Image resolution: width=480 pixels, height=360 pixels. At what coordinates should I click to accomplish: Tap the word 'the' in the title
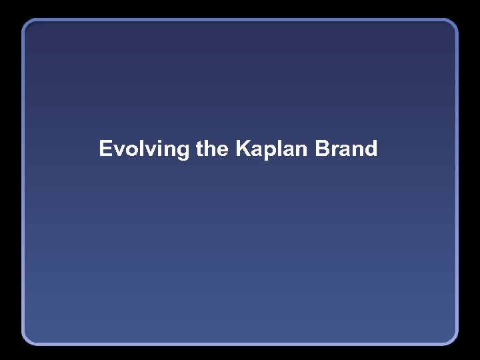[212, 149]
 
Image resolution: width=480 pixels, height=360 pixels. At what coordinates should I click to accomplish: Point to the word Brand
[346, 149]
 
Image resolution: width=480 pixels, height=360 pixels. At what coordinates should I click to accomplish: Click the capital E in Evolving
[105, 149]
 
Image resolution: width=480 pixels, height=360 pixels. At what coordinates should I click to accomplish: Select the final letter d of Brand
[371, 149]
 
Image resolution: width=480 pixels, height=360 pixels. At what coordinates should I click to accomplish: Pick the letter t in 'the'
[200, 149]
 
